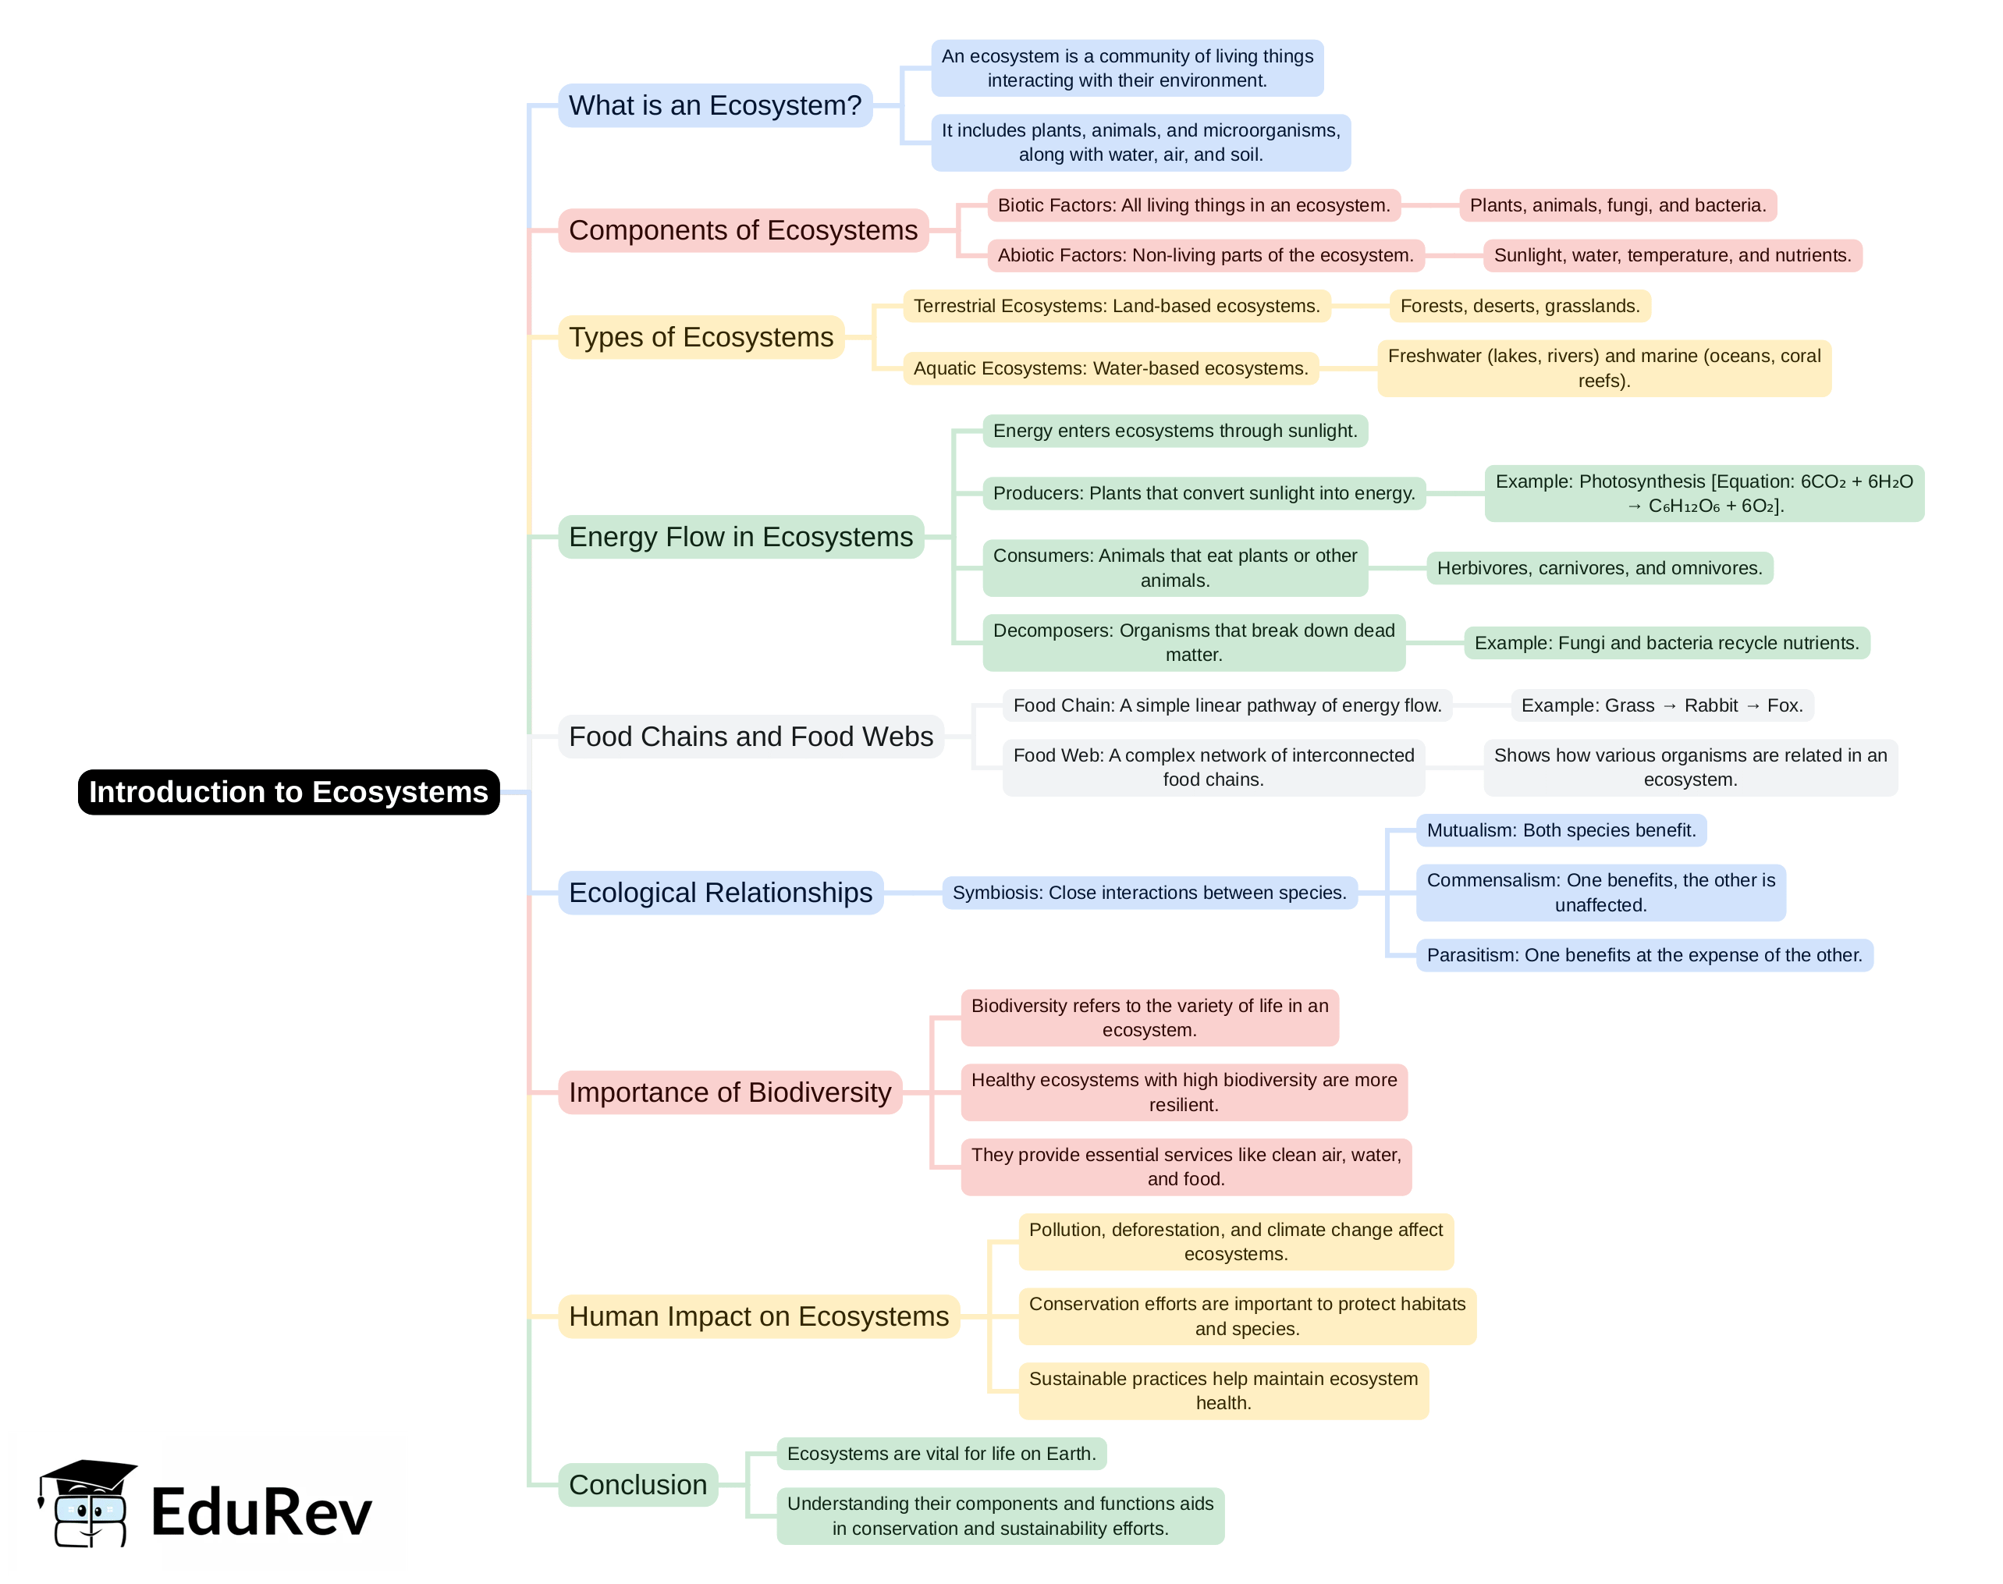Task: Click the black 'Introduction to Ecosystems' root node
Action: point(289,792)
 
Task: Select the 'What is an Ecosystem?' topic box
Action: point(715,105)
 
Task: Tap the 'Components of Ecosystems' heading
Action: point(743,230)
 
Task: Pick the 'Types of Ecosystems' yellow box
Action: point(701,336)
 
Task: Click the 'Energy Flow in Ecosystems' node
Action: point(741,537)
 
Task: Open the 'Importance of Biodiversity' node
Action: point(730,1092)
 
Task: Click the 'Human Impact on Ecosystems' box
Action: point(758,1316)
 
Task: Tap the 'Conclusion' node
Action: point(638,1485)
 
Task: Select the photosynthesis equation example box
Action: point(1703,493)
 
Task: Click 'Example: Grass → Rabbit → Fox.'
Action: point(1662,705)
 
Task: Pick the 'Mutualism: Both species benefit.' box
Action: point(1561,830)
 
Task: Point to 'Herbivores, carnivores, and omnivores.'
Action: point(1600,569)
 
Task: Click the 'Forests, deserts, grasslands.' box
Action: point(1520,306)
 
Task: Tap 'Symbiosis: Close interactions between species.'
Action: point(1149,893)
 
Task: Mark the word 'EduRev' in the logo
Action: point(261,1511)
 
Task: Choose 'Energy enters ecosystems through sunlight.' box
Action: point(1175,432)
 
